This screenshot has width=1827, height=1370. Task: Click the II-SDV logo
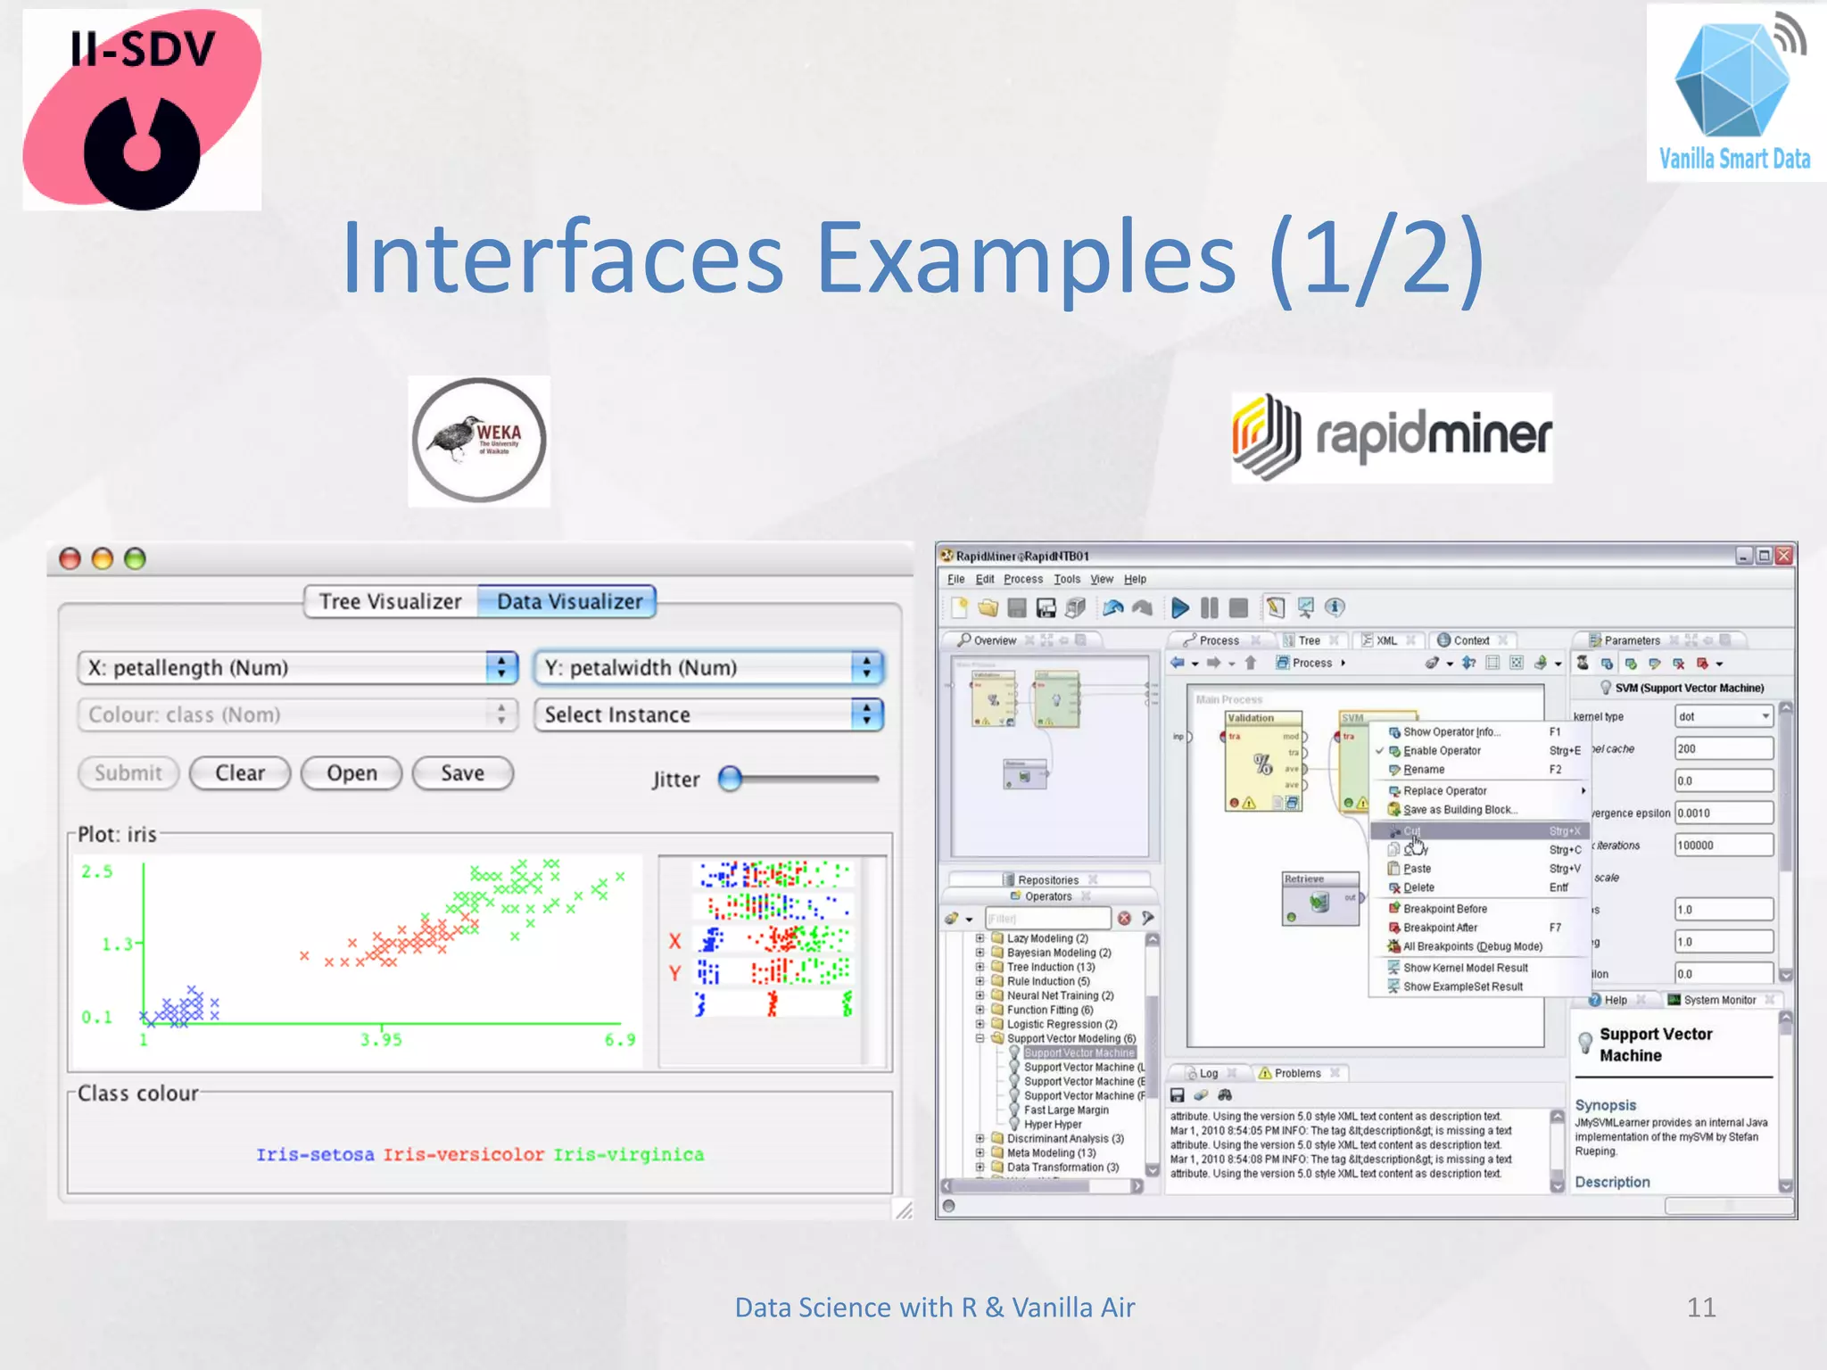click(142, 110)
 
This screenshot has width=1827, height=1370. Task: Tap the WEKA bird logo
click(479, 441)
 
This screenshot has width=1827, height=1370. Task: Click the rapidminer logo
click(1392, 437)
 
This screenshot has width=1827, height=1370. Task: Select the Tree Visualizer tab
click(391, 601)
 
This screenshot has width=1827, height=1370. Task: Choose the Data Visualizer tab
click(569, 601)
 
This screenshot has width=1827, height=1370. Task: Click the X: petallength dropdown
click(297, 667)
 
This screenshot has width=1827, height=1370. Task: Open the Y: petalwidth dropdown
click(708, 667)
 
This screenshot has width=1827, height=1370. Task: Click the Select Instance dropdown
click(708, 714)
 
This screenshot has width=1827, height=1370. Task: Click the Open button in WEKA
click(351, 773)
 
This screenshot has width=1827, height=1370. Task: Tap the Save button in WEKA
click(462, 773)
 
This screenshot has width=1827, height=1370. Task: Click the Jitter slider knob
click(730, 779)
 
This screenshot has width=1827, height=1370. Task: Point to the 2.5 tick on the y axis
click(97, 871)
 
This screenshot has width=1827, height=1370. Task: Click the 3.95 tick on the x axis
click(381, 1039)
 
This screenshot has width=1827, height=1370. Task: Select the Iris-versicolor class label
click(463, 1155)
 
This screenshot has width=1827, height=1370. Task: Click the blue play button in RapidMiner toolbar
click(1179, 607)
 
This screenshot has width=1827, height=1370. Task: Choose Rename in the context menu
click(1424, 770)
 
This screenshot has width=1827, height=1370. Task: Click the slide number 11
click(1700, 1308)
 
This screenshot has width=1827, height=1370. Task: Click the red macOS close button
click(70, 559)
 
